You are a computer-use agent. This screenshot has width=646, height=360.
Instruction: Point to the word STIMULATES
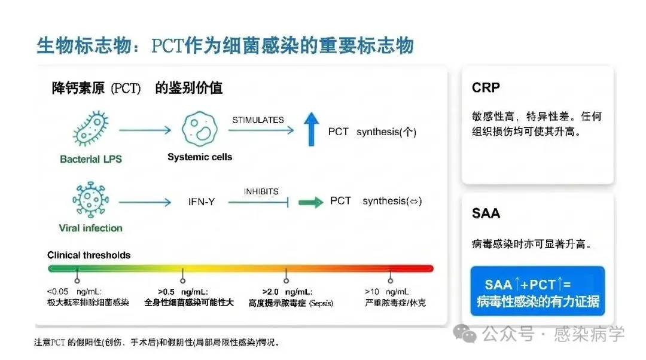coord(258,120)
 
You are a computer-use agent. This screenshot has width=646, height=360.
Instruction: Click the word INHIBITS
coord(261,191)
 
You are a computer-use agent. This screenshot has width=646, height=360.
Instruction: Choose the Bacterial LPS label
coord(90,159)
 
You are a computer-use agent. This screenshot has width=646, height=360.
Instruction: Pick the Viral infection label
coord(90,228)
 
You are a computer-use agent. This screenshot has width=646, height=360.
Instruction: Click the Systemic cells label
coord(200,157)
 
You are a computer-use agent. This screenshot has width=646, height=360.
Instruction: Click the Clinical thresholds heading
coord(89,255)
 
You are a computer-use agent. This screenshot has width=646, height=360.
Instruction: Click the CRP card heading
coord(486,87)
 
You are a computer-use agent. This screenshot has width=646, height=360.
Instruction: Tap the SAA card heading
coord(486,213)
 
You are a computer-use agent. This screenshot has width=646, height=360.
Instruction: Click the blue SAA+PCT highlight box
coord(537,292)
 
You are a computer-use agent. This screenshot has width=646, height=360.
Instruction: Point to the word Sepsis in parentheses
coord(321,303)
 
